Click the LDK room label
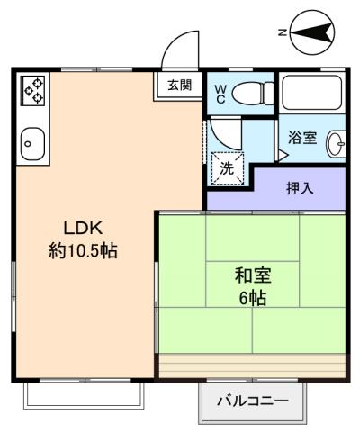tap(83, 229)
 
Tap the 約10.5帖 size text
tap(83, 250)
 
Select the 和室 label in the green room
tap(253, 275)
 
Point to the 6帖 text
tap(253, 298)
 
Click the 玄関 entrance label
tap(179, 85)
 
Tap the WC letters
tap(220, 94)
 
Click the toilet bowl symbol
tap(253, 93)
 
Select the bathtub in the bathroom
tap(312, 93)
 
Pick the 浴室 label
tap(302, 138)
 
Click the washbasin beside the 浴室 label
tap(336, 144)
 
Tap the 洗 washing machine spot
tap(227, 168)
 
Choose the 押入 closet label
tap(300, 188)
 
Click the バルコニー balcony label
tap(253, 401)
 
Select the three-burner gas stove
tap(32, 90)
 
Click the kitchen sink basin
tap(32, 144)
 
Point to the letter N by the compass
tap(282, 32)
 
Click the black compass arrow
tap(312, 32)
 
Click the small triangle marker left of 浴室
tap(283, 156)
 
